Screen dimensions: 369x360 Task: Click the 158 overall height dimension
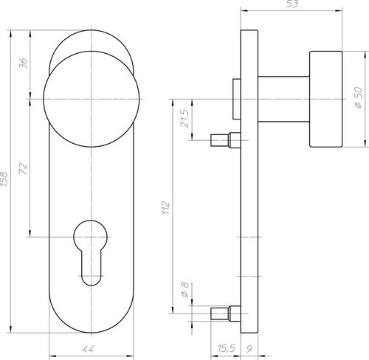coord(4,179)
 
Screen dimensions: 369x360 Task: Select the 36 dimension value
coord(24,63)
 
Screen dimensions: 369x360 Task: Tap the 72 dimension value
coord(23,168)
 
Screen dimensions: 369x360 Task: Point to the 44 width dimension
coord(88,349)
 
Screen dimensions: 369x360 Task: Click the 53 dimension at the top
coord(292,4)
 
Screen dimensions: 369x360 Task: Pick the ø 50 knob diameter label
coord(359,97)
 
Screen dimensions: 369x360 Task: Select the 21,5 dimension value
coord(184,118)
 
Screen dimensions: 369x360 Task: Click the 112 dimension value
coord(166,208)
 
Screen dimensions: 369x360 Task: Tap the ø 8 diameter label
coord(185,290)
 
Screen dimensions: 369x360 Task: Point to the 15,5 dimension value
coord(227,349)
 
